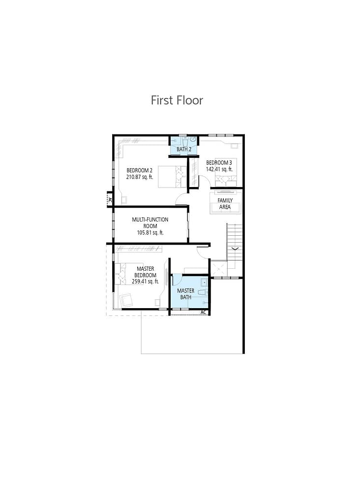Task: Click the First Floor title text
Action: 177,100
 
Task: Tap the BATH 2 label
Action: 183,149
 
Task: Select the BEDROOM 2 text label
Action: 140,171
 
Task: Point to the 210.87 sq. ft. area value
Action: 140,177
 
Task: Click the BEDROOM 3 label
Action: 219,163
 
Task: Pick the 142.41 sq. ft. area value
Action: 219,169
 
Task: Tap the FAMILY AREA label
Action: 225,204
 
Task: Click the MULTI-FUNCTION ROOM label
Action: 150,222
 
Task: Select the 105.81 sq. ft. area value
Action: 150,233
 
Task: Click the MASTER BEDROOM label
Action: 146,272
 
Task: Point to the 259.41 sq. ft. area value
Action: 145,282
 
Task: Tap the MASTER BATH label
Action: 185,294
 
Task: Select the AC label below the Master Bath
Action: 204,313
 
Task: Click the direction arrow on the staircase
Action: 235,249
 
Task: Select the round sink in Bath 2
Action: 194,140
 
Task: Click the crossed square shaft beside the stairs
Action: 218,268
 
